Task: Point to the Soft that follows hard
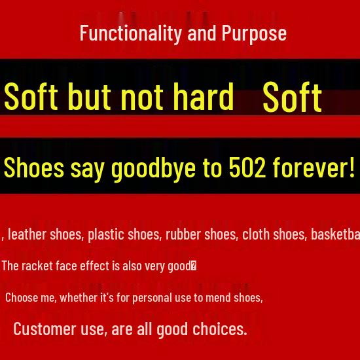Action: coord(292,98)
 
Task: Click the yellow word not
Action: coord(143,96)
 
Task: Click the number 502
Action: coord(247,168)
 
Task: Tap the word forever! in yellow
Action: coord(314,168)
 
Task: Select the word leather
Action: coord(26,234)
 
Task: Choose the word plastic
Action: coord(105,234)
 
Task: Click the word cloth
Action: coord(256,234)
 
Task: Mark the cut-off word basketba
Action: coord(334,234)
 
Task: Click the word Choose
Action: coord(22,297)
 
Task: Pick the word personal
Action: coord(153,297)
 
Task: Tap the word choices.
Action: coord(220,329)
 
